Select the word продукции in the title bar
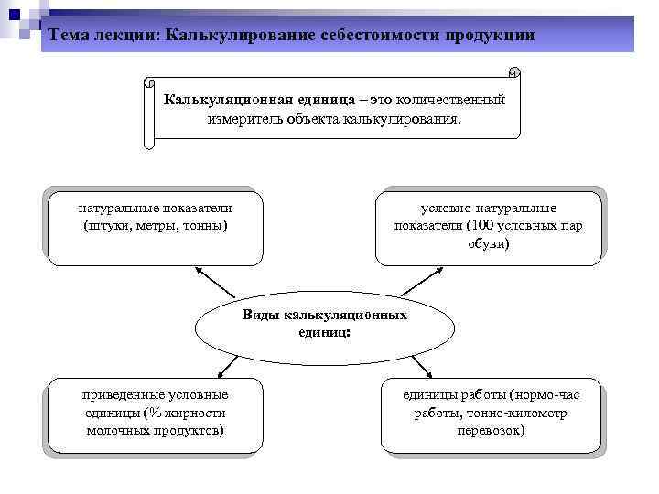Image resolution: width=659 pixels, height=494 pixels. tap(490, 35)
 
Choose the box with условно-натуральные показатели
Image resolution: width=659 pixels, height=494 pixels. tap(488, 228)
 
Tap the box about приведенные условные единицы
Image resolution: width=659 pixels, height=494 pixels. tap(155, 416)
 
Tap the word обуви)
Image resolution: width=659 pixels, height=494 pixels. tap(489, 244)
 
